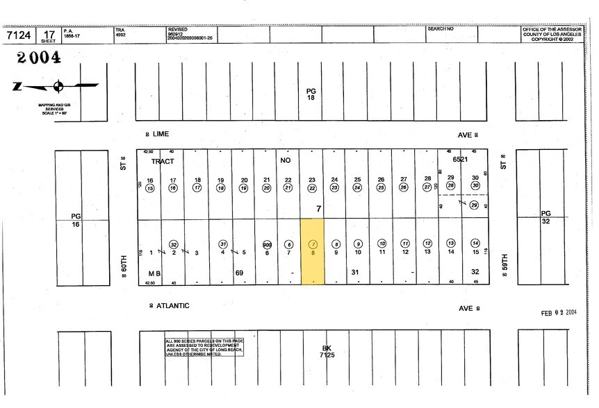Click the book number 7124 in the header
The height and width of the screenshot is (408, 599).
(x=20, y=35)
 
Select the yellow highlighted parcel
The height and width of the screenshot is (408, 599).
(x=313, y=251)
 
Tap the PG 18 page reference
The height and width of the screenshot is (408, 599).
(x=311, y=94)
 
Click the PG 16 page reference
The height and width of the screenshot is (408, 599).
(x=76, y=220)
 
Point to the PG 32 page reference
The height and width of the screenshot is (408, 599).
(x=547, y=216)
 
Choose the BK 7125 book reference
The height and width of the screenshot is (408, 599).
(x=327, y=352)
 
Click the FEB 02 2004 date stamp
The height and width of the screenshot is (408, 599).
(x=559, y=313)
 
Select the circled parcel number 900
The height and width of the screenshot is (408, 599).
(x=267, y=244)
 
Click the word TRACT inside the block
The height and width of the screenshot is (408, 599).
(x=162, y=160)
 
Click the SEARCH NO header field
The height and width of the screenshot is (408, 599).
(x=441, y=29)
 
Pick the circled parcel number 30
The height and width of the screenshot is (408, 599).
(x=475, y=186)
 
